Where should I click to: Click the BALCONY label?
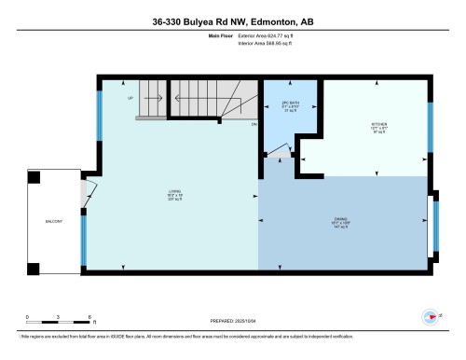53,221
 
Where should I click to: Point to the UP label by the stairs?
130,96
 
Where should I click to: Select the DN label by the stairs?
254,123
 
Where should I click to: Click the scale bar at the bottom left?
58,318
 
